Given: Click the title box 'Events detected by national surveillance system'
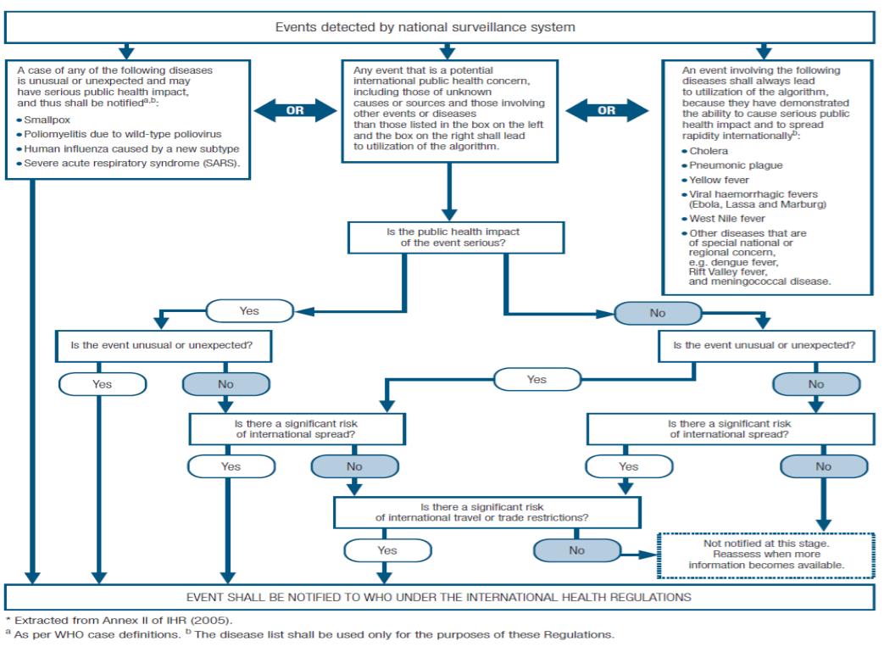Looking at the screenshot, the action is pyautogui.click(x=439, y=28).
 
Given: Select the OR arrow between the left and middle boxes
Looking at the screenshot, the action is pyautogui.click(x=296, y=110).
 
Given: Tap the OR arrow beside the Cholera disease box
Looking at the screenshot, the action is pyautogui.click(x=607, y=110).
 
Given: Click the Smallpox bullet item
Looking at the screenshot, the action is pyautogui.click(x=44, y=120).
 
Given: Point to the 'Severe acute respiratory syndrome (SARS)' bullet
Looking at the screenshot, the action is pyautogui.click(x=129, y=164).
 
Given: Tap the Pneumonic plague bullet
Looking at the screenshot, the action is pyautogui.click(x=731, y=165).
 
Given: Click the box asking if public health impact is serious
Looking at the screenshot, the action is pyautogui.click(x=456, y=237).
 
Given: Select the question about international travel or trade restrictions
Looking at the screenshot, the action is pyautogui.click(x=487, y=512).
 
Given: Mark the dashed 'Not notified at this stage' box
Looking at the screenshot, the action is pyautogui.click(x=766, y=555).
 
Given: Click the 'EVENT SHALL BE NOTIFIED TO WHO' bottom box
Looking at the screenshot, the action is pyautogui.click(x=439, y=597).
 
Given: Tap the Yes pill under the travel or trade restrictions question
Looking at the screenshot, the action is pyautogui.click(x=388, y=550).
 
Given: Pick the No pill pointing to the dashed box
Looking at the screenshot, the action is pyautogui.click(x=576, y=550).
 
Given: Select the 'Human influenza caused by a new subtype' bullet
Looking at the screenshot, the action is pyautogui.click(x=128, y=149).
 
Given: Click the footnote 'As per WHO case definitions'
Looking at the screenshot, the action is pyautogui.click(x=93, y=634).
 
